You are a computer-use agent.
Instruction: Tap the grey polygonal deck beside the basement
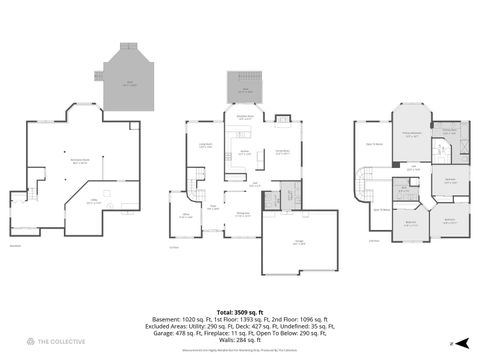click(128, 79)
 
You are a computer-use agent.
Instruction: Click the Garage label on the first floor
click(300, 243)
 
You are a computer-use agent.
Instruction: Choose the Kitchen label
click(244, 153)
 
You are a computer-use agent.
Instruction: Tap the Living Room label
click(204, 147)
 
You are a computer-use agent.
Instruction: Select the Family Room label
click(282, 151)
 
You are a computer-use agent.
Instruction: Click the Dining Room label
click(242, 214)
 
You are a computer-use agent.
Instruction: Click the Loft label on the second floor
click(413, 167)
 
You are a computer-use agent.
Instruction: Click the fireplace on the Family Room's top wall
click(283, 122)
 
